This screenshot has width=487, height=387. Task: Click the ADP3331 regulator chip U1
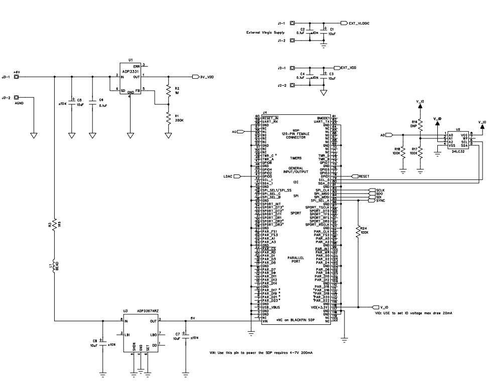click(130, 78)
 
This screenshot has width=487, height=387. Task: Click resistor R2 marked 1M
click(168, 91)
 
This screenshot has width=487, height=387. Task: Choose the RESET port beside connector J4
click(363, 176)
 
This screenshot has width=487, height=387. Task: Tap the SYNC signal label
click(380, 201)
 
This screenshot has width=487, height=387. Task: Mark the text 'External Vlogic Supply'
click(265, 33)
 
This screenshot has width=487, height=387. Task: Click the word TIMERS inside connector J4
click(295, 158)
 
